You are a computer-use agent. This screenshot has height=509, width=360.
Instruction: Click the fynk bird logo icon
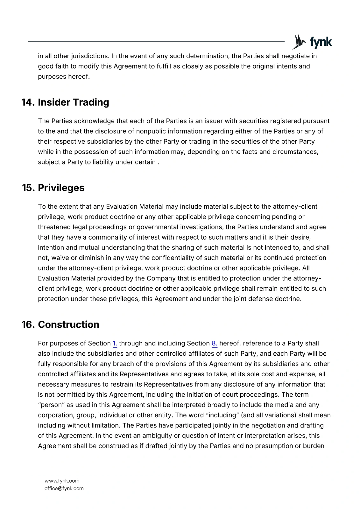point(299,42)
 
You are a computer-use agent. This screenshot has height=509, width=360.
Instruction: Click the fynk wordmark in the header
point(321,42)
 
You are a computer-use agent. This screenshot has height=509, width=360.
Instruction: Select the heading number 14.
point(28,102)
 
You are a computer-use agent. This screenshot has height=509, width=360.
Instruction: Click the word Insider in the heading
point(54,102)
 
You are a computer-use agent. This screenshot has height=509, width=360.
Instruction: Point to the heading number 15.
point(28,188)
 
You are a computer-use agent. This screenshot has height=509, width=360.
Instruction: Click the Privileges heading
point(61,188)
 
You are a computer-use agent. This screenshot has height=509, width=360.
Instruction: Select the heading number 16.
point(28,325)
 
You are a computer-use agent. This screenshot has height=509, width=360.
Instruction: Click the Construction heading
point(68,325)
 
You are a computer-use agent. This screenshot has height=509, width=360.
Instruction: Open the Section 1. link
point(115,344)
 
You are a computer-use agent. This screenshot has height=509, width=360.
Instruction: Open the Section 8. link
point(215,344)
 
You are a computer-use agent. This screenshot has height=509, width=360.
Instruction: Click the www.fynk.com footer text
point(62,481)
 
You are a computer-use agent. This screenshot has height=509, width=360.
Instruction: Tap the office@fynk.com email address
point(64,489)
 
